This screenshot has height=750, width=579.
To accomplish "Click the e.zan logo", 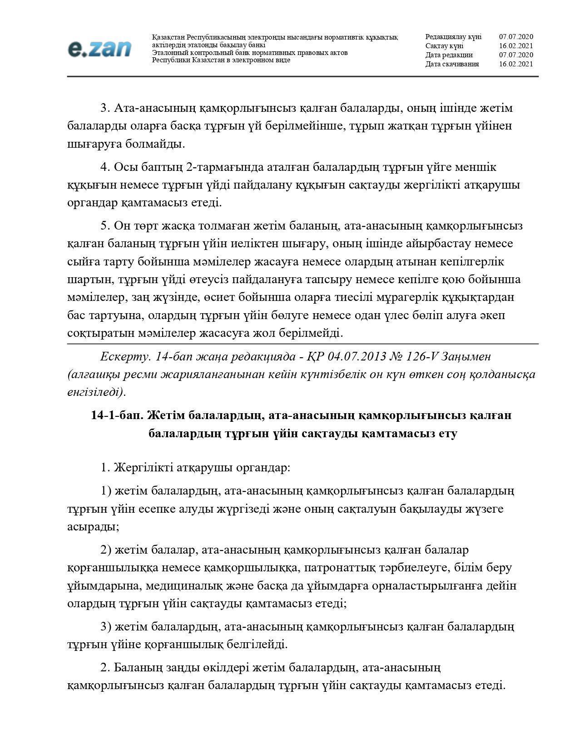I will [100, 49].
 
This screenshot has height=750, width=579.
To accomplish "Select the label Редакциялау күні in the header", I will [453, 37].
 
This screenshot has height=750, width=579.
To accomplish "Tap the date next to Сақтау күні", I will [516, 46].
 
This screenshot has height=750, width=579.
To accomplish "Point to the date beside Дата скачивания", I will [516, 64].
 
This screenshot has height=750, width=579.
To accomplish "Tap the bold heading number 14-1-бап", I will [117, 415].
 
